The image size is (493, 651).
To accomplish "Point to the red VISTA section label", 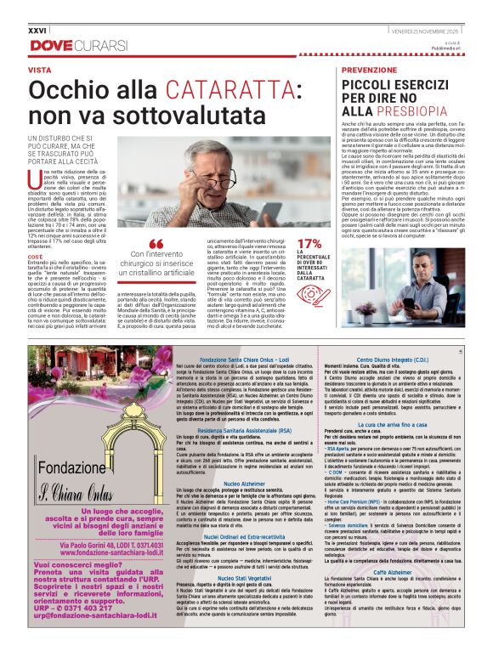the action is coord(40,69).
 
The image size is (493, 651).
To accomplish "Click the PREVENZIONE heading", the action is coord(368,69).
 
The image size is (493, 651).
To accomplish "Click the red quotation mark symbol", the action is coord(156,244).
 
